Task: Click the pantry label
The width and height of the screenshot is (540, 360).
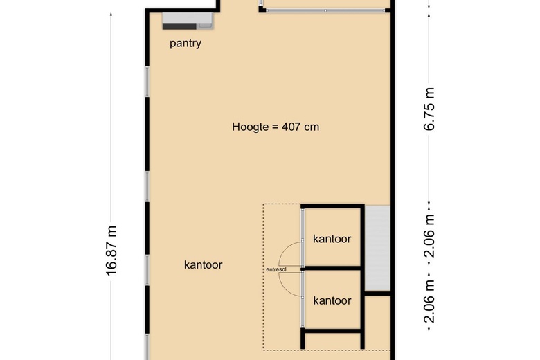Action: tap(186, 44)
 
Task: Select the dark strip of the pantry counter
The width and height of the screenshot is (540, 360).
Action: tap(179, 26)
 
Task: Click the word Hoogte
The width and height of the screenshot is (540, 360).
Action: tap(251, 127)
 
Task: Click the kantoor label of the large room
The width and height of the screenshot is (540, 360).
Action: tap(203, 264)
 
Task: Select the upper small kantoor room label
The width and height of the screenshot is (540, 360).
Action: tap(332, 239)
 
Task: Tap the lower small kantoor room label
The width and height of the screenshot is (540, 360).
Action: tap(332, 300)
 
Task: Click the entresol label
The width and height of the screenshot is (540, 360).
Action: tap(276, 269)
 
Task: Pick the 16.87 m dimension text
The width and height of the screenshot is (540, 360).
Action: tap(111, 251)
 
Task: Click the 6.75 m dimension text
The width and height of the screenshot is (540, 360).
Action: tap(429, 109)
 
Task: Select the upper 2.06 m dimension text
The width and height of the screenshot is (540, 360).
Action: tap(429, 236)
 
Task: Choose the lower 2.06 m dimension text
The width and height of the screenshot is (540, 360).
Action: tap(429, 300)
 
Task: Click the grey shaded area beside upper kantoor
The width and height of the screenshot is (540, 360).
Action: tap(377, 249)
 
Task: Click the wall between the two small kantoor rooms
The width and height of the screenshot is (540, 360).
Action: tap(332, 268)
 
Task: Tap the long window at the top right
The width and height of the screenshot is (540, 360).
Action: tap(325, 10)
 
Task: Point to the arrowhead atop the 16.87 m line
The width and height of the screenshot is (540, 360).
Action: tap(111, 15)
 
